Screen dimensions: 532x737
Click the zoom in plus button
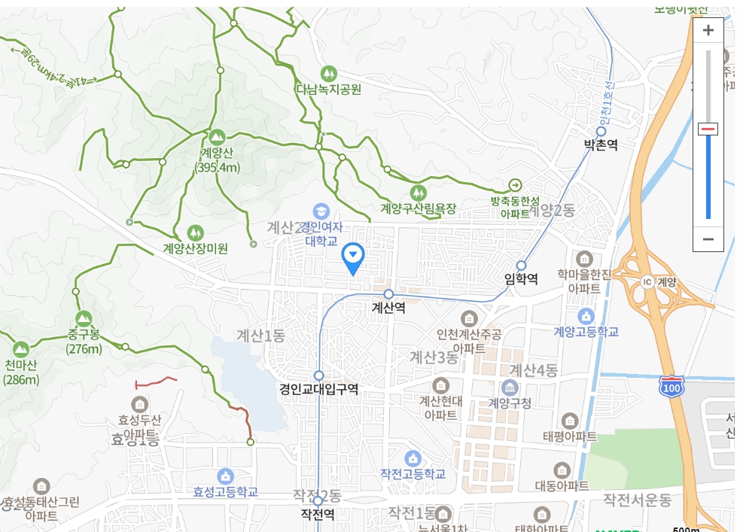708,31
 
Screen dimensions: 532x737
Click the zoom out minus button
708,239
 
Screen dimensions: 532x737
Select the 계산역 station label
388,308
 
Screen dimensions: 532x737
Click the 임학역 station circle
521,265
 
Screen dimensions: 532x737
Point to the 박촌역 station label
601,144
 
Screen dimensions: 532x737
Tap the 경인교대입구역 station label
318,389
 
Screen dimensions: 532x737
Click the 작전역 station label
317,515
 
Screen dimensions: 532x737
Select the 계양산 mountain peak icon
217,136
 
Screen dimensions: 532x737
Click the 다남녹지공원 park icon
327,73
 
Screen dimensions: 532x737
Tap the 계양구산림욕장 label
418,208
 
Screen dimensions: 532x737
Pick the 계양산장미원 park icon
195,233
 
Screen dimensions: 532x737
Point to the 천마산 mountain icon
20,349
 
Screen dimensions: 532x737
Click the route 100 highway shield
670,387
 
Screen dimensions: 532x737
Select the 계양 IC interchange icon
647,281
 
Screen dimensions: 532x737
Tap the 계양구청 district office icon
510,388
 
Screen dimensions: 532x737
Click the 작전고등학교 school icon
412,458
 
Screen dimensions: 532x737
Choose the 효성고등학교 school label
225,492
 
